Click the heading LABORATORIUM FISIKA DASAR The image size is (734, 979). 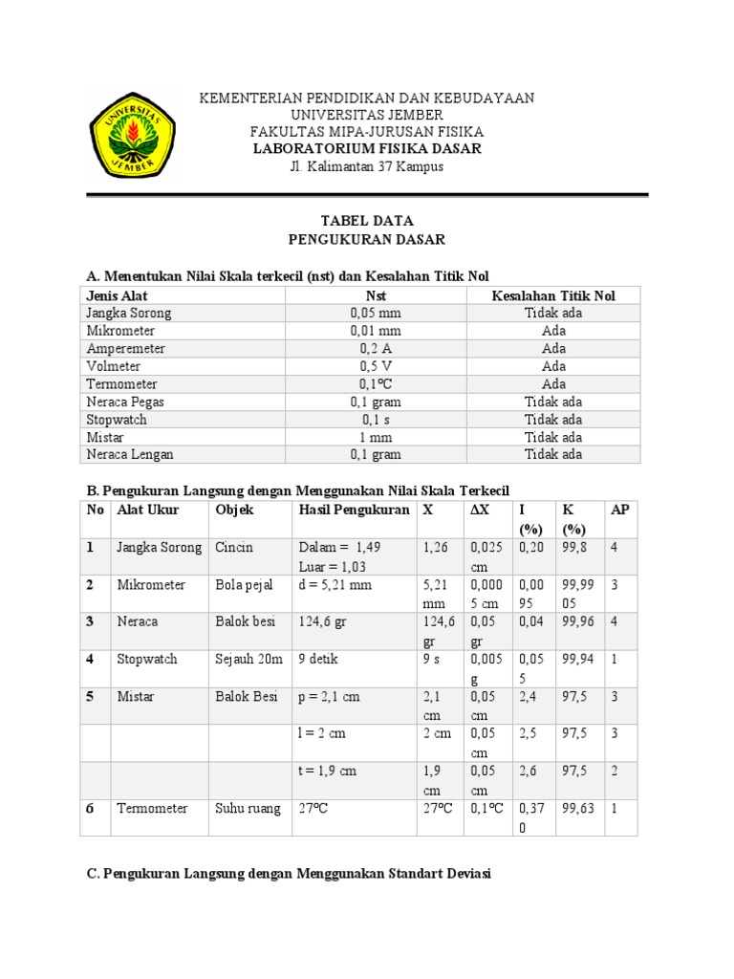coord(367,149)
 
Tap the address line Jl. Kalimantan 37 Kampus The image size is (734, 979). coord(367,167)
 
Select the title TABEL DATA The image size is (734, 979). coord(367,220)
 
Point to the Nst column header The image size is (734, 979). coord(376,295)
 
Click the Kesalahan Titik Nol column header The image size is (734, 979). coord(553,295)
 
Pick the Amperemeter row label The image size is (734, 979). coord(125,349)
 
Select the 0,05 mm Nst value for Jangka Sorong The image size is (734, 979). coord(376,314)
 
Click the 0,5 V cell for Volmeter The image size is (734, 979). coord(376,366)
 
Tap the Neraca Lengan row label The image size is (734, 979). coord(130,454)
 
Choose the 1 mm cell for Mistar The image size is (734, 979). coord(376,437)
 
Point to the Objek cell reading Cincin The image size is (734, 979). coord(234,548)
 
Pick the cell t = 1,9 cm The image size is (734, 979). coord(329,771)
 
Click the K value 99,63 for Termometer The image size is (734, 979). coord(579,808)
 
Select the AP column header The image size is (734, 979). coord(620,511)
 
